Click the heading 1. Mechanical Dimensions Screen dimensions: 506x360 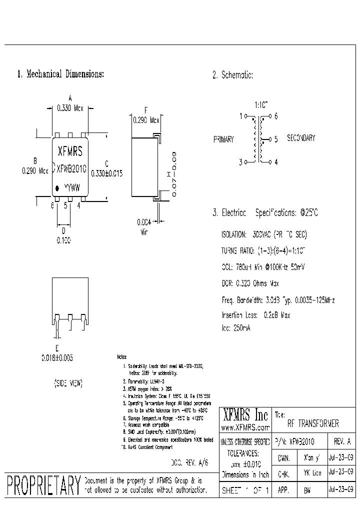[x=60, y=74]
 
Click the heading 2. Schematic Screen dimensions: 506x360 [x=232, y=75]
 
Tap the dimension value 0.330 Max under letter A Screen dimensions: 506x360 [x=70, y=108]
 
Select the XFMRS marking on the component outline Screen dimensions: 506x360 [x=70, y=151]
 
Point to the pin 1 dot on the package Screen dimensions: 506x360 [x=57, y=188]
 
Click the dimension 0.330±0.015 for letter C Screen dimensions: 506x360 [x=106, y=172]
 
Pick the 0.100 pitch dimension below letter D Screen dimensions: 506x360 [x=63, y=240]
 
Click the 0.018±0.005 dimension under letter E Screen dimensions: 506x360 [x=57, y=358]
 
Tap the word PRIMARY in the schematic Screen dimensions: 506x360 [x=223, y=139]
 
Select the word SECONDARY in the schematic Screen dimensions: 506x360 [x=300, y=138]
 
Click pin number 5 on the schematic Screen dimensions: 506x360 [x=276, y=139]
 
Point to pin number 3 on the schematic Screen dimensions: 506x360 [x=240, y=162]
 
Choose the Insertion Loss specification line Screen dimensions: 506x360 [x=255, y=315]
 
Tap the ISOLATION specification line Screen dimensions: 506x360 [x=264, y=234]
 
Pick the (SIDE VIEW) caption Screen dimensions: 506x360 [x=68, y=383]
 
